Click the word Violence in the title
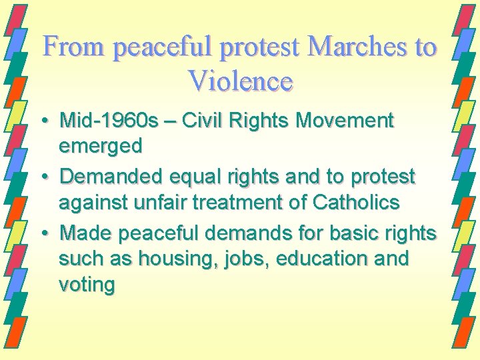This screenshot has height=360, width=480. coord(241,81)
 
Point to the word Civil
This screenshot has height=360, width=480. coord(201,121)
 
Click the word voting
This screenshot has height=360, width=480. coord(87,286)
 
